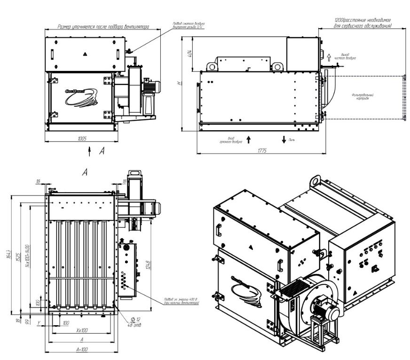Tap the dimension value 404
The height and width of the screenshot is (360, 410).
click(x=189, y=54)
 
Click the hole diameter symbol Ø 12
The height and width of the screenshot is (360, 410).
click(x=126, y=320)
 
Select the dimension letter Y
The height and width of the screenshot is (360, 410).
click(x=39, y=323)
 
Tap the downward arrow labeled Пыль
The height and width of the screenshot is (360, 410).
click(x=284, y=139)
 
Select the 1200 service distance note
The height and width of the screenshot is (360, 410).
click(x=362, y=23)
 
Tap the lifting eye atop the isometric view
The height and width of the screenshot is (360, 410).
click(x=315, y=180)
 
